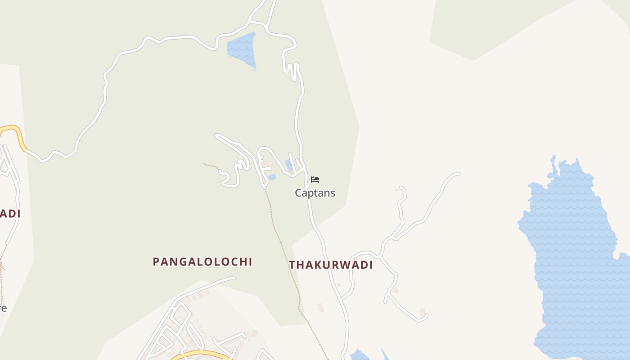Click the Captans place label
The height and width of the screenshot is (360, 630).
(315, 193)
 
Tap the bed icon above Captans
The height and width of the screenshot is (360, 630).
(315, 180)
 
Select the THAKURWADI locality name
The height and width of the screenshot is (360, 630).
(331, 265)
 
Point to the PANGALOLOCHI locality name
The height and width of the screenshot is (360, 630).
(202, 262)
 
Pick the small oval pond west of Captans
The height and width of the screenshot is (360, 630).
(271, 177)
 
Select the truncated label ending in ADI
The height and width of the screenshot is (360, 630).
(10, 214)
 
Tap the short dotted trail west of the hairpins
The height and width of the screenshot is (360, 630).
(211, 166)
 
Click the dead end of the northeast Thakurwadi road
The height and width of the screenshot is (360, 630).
(458, 174)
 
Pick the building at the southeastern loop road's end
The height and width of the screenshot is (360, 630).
(422, 311)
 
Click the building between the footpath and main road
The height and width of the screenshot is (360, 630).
(320, 307)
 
